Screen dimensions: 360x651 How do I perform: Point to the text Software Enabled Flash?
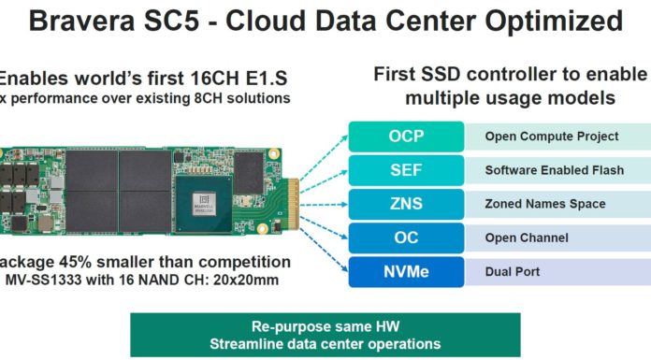(543, 170)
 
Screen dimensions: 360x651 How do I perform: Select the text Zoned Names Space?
(532, 204)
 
